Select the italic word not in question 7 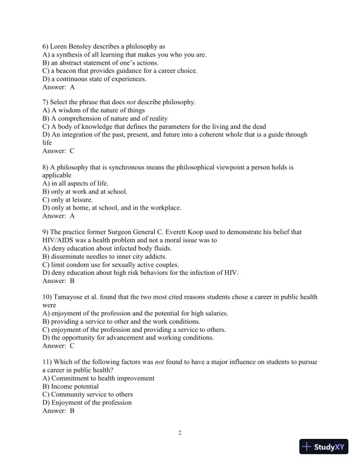tap(131, 102)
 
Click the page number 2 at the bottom tap(180, 434)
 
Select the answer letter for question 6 tap(72, 86)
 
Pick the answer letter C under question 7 tap(72, 151)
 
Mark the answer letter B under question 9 tap(72, 281)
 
